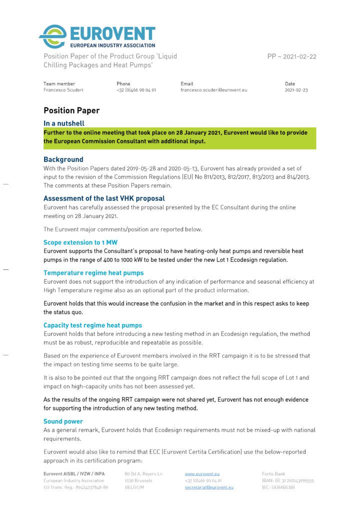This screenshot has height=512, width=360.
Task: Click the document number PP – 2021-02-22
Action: (x=292, y=56)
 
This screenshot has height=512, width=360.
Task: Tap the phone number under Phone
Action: (x=136, y=90)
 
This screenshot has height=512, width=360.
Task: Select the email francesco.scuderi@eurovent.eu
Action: (x=213, y=90)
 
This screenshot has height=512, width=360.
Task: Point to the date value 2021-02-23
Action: (x=296, y=90)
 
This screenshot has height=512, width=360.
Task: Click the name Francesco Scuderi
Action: (x=63, y=90)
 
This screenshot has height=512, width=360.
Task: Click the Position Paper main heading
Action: (x=71, y=110)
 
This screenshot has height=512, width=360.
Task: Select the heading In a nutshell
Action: (x=63, y=123)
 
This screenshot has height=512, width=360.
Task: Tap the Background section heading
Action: (x=63, y=159)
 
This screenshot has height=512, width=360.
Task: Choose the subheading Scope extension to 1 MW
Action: (x=80, y=242)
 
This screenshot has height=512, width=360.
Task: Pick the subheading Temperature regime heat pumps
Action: (x=93, y=273)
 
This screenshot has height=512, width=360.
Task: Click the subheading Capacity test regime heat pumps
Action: (x=92, y=325)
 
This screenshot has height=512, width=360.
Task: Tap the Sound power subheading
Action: (x=63, y=421)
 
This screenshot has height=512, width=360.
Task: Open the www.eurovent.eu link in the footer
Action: (x=202, y=473)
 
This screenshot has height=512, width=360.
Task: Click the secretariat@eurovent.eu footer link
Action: (x=209, y=487)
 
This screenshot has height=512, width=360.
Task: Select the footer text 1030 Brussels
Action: (x=138, y=480)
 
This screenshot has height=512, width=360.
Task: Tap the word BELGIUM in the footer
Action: (x=135, y=487)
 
